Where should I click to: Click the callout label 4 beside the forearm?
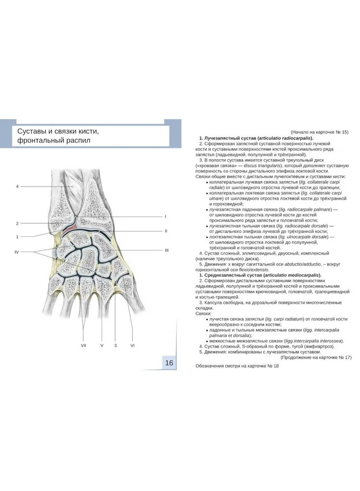tap(17, 187)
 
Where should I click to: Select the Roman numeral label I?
tap(166, 216)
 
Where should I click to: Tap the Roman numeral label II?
tap(166, 231)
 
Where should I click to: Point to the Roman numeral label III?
tap(166, 250)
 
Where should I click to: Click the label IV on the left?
tap(17, 252)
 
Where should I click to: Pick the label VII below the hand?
tap(83, 346)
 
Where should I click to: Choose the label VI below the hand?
tap(133, 346)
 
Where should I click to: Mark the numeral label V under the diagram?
tap(102, 346)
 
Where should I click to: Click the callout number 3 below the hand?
tap(115, 346)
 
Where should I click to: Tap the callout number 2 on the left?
tap(17, 223)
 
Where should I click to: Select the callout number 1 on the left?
tap(17, 237)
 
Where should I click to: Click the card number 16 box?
tap(169, 363)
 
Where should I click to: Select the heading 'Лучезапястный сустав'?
tap(232, 138)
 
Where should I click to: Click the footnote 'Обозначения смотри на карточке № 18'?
tap(237, 366)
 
